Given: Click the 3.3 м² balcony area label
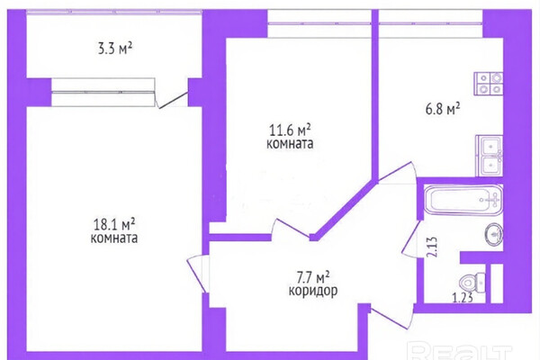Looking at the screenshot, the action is pyautogui.click(x=115, y=49).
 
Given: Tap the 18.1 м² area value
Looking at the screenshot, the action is pyautogui.click(x=114, y=225).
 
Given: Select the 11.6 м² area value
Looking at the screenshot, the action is pyautogui.click(x=290, y=130).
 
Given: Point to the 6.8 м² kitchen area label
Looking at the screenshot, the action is pyautogui.click(x=443, y=109).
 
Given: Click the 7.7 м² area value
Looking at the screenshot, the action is pyautogui.click(x=313, y=277).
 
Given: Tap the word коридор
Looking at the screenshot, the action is pyautogui.click(x=313, y=292).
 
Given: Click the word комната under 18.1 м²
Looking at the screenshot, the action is pyautogui.click(x=114, y=238).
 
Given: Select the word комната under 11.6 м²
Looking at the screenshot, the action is pyautogui.click(x=290, y=143).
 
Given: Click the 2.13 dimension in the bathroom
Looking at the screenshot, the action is pyautogui.click(x=433, y=247).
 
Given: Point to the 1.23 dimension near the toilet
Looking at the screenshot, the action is pyautogui.click(x=463, y=297).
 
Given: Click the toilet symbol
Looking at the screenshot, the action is pyautogui.click(x=472, y=283).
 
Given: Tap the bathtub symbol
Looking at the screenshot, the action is pyautogui.click(x=463, y=200).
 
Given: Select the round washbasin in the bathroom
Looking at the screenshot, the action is pyautogui.click(x=494, y=235).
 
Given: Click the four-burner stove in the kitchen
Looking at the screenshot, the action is pyautogui.click(x=489, y=84).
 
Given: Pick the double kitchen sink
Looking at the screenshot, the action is pyautogui.click(x=490, y=156).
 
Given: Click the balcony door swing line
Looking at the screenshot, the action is pyautogui.click(x=173, y=100).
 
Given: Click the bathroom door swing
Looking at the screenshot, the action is pyautogui.click(x=411, y=238).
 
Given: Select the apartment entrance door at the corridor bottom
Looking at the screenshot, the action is pyautogui.click(x=392, y=316).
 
